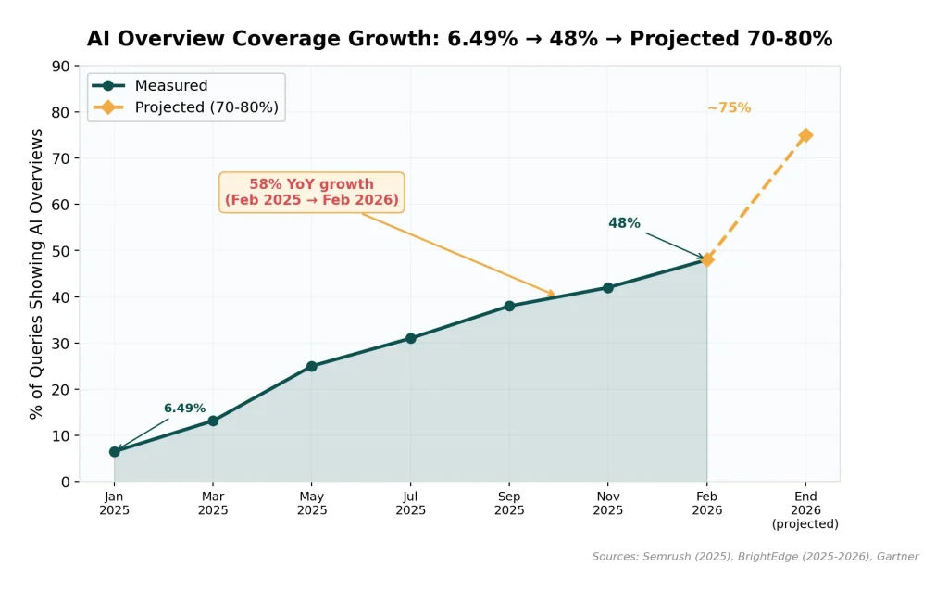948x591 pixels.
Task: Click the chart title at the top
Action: (459, 39)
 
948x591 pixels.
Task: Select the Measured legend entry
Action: (170, 86)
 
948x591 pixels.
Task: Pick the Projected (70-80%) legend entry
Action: (206, 107)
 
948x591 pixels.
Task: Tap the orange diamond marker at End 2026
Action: (805, 135)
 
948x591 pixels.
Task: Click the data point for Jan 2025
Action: (115, 452)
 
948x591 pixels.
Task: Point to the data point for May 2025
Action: (312, 366)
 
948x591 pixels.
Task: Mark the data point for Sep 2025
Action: (509, 306)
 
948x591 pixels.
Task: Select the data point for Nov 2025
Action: (608, 287)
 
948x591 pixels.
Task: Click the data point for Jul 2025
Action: (410, 338)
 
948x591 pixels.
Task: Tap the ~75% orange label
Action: (729, 107)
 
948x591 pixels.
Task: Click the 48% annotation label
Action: (624, 223)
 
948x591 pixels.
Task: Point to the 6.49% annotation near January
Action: (184, 409)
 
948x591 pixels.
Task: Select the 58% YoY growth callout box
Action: (312, 192)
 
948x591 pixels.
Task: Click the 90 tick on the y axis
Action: (61, 67)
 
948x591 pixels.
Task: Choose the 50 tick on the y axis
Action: (61, 251)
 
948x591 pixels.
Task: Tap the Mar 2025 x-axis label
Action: (213, 504)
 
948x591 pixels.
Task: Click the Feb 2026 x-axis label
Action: (707, 504)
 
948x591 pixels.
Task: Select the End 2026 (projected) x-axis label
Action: (805, 510)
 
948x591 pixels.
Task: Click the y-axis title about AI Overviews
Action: (37, 273)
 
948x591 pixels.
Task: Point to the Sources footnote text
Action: (755, 557)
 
